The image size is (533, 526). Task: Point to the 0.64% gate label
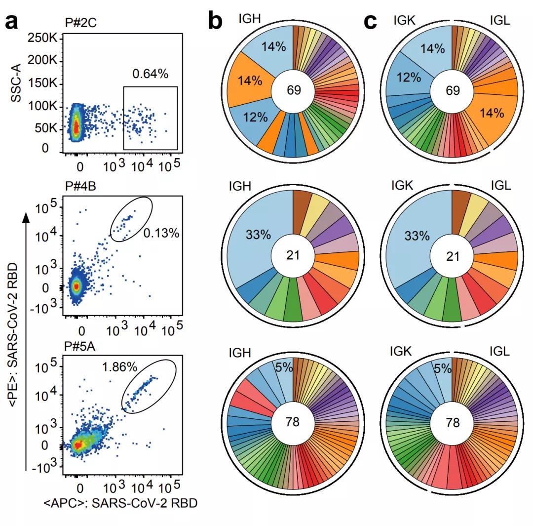click(151, 74)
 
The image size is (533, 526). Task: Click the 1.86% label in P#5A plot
click(119, 367)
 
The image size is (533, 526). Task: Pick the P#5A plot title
click(81, 345)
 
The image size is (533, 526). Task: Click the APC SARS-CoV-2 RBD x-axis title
click(120, 503)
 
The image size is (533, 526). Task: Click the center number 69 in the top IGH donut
click(293, 90)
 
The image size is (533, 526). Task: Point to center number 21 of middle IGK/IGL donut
click(453, 256)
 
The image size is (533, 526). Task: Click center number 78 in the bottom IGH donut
click(293, 422)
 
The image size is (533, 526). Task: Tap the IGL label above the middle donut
click(500, 186)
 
